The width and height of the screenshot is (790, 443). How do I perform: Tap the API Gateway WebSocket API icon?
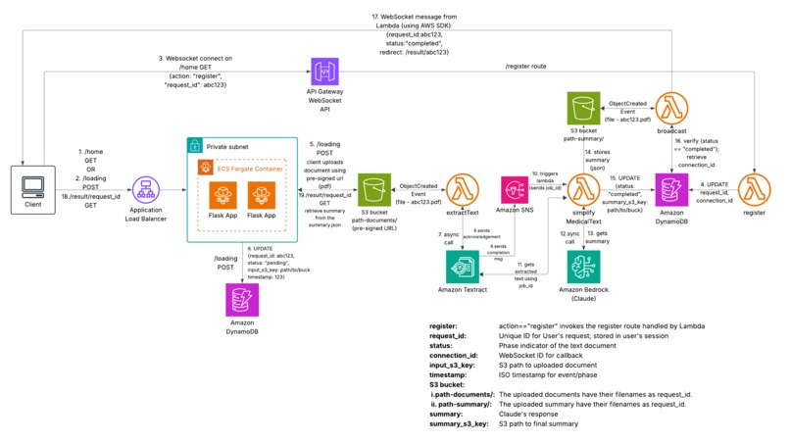pyautogui.click(x=325, y=74)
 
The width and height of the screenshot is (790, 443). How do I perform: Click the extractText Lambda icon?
pyautogui.click(x=462, y=188)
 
